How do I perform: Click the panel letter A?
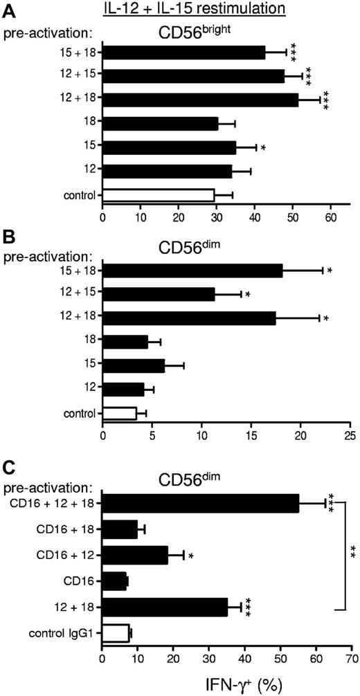pyautogui.click(x=8, y=9)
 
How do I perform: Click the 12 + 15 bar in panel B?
pyautogui.click(x=159, y=294)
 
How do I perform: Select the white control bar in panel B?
pyautogui.click(x=119, y=413)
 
